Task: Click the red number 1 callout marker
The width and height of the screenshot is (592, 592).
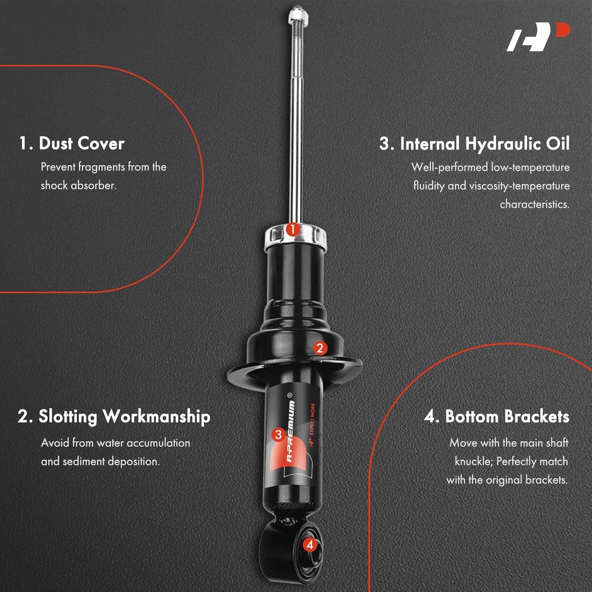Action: point(292,229)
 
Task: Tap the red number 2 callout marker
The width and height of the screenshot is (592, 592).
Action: point(320,348)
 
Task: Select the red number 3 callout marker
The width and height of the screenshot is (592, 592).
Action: point(278,435)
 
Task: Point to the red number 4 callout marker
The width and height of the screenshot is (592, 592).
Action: point(310,545)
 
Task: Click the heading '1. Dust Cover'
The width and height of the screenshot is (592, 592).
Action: point(72,143)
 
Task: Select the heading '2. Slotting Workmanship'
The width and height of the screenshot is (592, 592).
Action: point(114,417)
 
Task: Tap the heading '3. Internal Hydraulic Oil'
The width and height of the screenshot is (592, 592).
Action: point(474,144)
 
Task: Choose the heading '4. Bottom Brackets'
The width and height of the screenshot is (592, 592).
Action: point(496,417)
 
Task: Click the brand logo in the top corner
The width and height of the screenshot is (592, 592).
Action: point(538,37)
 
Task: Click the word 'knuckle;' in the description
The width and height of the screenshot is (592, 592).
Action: point(473,461)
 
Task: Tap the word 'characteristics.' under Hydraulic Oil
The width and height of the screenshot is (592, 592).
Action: point(534,204)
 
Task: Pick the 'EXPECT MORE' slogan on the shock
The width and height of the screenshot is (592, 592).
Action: point(312,419)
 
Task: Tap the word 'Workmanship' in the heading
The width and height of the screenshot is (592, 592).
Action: point(156,417)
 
